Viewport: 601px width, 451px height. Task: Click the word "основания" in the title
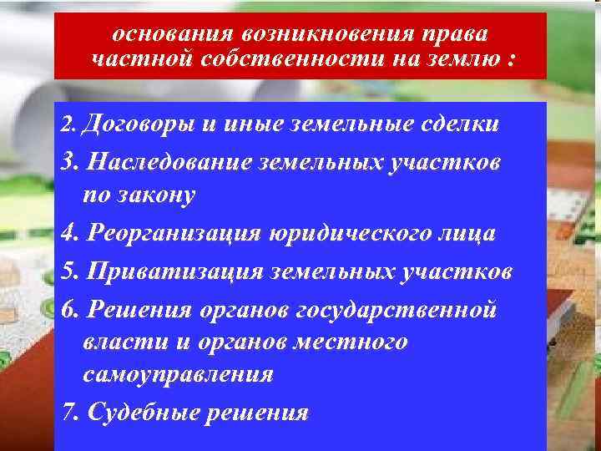pos(170,34)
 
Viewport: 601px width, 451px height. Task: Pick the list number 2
pos(68,125)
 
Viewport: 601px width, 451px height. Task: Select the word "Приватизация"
pos(174,272)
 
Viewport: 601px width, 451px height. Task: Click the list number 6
pos(69,309)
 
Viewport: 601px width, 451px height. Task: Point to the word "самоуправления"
pos(178,374)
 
